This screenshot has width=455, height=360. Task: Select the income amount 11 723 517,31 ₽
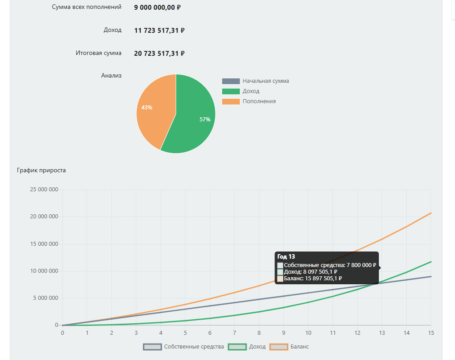tap(159, 31)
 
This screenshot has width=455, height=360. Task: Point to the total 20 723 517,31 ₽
tap(159, 54)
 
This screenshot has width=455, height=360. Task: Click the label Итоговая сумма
tap(98, 53)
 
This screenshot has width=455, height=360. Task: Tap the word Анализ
tap(111, 76)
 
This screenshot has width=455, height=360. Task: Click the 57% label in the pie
tap(205, 120)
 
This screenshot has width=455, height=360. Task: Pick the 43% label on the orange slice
tap(147, 108)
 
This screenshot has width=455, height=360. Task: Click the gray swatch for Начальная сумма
tap(231, 81)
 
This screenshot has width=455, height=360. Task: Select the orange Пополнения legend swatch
tap(231, 101)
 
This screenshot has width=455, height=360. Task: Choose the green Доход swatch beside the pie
tap(231, 91)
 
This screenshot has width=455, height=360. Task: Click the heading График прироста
tap(41, 170)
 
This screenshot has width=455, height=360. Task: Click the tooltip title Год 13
tap(286, 256)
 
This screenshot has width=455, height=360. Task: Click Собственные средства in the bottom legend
tap(194, 347)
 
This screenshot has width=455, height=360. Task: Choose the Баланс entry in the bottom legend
tap(300, 347)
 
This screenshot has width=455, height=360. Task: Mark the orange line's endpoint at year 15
tap(431, 213)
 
